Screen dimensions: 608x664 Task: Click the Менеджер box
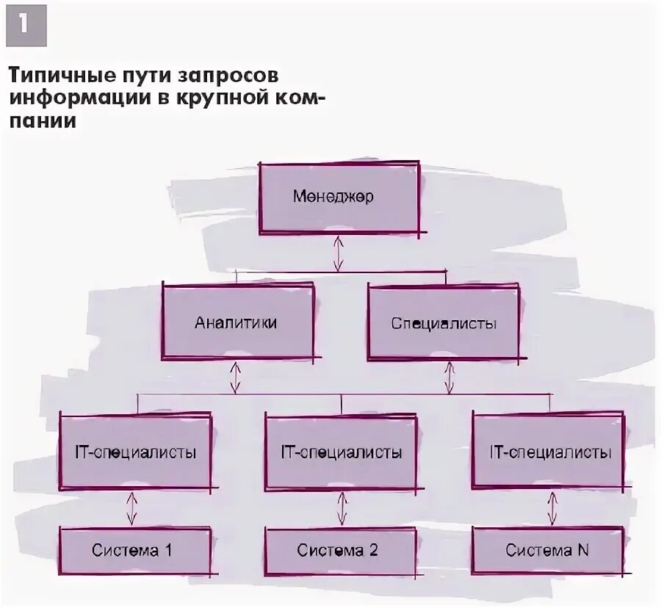click(x=339, y=198)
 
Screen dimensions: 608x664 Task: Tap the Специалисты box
click(x=444, y=322)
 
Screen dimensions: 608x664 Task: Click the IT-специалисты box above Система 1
click(x=135, y=452)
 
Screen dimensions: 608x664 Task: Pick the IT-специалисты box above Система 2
click(x=342, y=452)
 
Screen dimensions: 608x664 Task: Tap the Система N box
click(x=546, y=550)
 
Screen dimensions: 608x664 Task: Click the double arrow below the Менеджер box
click(x=338, y=253)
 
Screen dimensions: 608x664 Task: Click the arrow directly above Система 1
click(x=131, y=508)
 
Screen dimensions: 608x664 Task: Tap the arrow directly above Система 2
click(x=342, y=508)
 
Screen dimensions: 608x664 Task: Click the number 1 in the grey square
click(x=26, y=26)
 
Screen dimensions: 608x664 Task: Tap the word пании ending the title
click(x=42, y=121)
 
